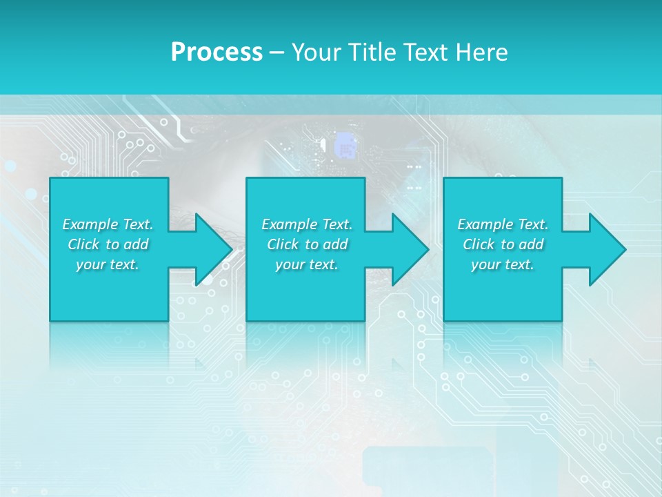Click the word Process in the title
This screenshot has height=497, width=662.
tap(217, 52)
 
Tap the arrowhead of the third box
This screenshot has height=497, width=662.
tap(607, 249)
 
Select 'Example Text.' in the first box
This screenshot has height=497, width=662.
tap(108, 224)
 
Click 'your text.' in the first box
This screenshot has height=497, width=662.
tap(108, 264)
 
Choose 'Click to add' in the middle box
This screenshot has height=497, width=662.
tap(307, 244)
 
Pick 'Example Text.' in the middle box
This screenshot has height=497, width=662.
tap(307, 224)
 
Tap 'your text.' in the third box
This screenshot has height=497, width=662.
tap(503, 264)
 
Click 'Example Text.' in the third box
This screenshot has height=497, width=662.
tap(503, 224)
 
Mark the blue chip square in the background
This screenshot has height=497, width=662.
tap(345, 146)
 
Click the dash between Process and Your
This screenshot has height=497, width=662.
tap(277, 53)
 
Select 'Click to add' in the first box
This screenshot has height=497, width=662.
tap(108, 244)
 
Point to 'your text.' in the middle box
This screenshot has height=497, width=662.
tap(307, 264)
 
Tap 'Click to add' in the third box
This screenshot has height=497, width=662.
tap(503, 244)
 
